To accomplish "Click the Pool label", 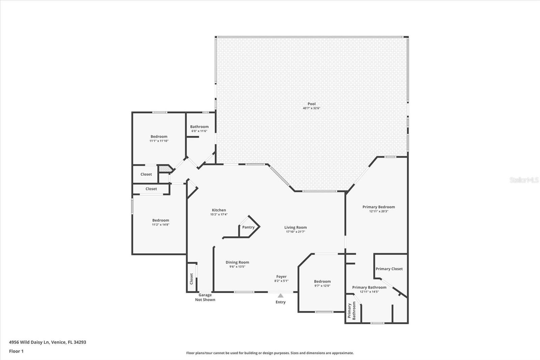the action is tap(312, 104).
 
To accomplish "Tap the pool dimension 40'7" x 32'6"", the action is tap(312, 108).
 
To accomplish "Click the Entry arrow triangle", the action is tap(280, 295).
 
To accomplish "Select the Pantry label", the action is tap(248, 227).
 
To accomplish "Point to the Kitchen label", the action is tap(219, 210).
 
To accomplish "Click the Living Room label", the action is tap(296, 227).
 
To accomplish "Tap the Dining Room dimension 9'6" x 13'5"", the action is tap(237, 266).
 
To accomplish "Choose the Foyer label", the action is tap(281, 277).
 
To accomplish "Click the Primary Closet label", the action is tap(389, 269).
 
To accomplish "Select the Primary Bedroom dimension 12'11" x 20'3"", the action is tap(379, 211).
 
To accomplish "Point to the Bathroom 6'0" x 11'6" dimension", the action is tap(199, 131).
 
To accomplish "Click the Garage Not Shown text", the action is tap(205, 297).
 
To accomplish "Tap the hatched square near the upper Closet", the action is tap(165, 169).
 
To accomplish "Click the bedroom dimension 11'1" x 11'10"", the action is tap(159, 141).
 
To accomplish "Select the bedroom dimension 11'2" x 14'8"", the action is tap(161, 225).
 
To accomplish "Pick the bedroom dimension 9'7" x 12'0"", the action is tap(322, 286).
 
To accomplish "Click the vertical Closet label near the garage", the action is tap(191, 279).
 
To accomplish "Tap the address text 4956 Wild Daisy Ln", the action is tap(29, 342).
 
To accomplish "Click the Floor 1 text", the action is tap(17, 351).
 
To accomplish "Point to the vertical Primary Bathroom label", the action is tap(351, 311).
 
